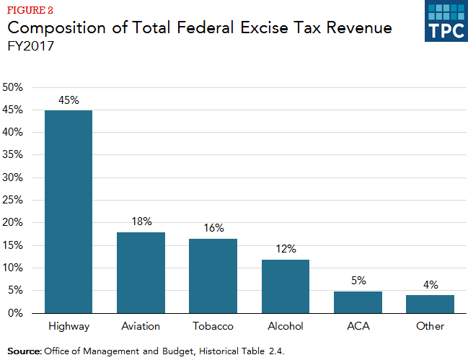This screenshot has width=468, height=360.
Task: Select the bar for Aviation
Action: [x=141, y=273]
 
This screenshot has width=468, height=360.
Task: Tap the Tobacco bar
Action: [x=213, y=276]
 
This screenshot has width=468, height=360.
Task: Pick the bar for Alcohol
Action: [x=286, y=286]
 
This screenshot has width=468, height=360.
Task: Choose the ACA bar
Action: [x=358, y=302]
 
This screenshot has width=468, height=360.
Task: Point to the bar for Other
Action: [x=430, y=304]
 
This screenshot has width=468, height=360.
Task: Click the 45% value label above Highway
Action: [x=69, y=100]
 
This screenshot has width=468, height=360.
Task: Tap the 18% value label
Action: [x=141, y=221]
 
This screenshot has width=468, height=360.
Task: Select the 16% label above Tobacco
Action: [x=213, y=228]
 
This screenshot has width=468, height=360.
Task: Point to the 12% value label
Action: [x=286, y=249]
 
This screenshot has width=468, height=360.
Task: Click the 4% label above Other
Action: [x=431, y=284]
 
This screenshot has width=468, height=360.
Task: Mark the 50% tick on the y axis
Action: [x=14, y=87]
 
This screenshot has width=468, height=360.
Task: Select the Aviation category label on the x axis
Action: [x=141, y=327]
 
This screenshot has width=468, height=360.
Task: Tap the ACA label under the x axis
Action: [x=358, y=327]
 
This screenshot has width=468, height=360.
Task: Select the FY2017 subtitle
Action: [x=32, y=47]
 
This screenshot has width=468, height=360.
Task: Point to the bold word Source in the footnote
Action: [x=24, y=351]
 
